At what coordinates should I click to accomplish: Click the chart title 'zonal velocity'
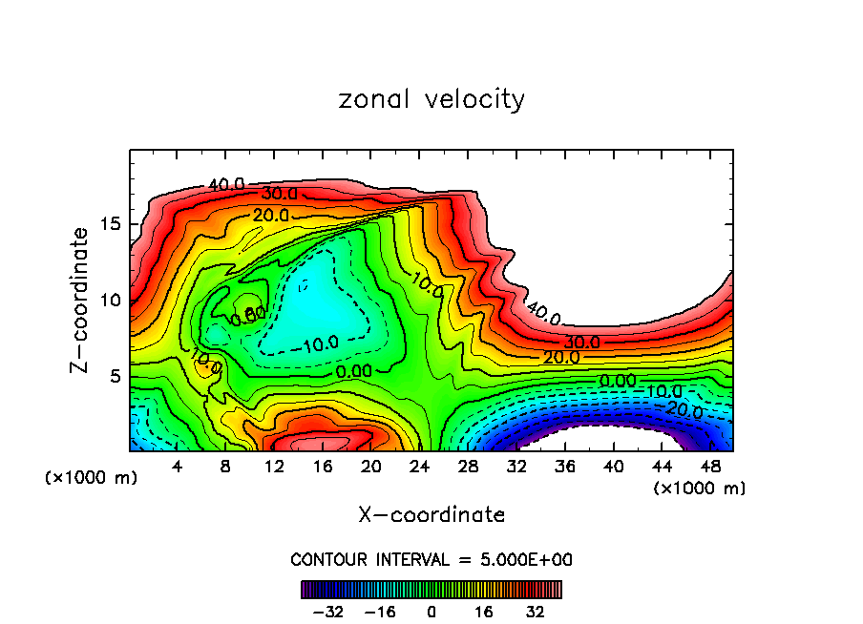pyautogui.click(x=431, y=98)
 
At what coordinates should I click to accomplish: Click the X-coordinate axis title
pyautogui.click(x=431, y=515)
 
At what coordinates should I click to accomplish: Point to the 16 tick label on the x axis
pyautogui.click(x=324, y=466)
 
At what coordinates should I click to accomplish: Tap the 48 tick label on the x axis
pyautogui.click(x=709, y=466)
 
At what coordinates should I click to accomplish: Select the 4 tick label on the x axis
pyautogui.click(x=177, y=466)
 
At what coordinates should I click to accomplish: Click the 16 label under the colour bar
pyautogui.click(x=483, y=612)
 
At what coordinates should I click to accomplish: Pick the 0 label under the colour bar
pyautogui.click(x=431, y=612)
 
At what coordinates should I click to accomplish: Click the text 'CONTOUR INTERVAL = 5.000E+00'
pyautogui.click(x=431, y=559)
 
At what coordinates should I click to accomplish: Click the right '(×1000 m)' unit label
pyautogui.click(x=700, y=489)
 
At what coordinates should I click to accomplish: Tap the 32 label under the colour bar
pyautogui.click(x=535, y=612)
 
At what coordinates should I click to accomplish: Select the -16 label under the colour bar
pyautogui.click(x=380, y=612)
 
